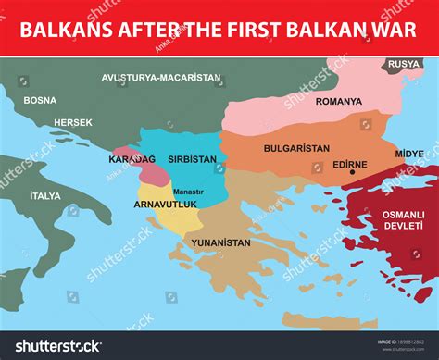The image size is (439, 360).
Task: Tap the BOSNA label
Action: tap(40, 100)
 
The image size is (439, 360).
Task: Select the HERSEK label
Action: tap(73, 122)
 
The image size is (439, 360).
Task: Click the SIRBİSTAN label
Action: tap(192, 159)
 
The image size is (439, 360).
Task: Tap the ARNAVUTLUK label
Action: tap(166, 204)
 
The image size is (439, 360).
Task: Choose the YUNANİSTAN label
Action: tap(220, 242)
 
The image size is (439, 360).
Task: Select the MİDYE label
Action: tap(409, 153)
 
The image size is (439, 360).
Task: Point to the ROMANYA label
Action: tap(338, 101)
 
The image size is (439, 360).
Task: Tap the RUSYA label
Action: tap(404, 64)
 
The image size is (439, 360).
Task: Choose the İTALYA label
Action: tap(45, 195)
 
